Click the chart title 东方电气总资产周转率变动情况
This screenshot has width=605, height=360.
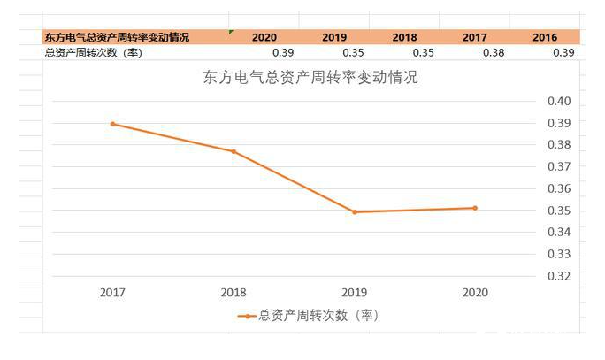click(x=310, y=77)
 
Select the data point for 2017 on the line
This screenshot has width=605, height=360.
click(x=113, y=124)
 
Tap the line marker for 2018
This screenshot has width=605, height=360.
click(x=234, y=151)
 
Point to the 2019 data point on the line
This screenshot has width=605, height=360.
click(x=355, y=212)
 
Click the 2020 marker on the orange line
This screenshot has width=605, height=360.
click(x=475, y=208)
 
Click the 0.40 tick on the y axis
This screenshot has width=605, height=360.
click(x=559, y=101)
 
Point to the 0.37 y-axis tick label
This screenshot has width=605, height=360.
click(x=559, y=166)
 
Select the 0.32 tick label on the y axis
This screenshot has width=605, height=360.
click(x=559, y=276)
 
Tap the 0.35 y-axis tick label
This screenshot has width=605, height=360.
click(x=559, y=211)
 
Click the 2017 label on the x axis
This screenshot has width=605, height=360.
click(x=113, y=292)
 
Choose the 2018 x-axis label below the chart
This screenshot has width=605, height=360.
click(x=234, y=292)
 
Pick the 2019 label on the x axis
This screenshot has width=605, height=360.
click(x=355, y=292)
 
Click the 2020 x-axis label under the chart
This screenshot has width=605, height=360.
click(x=475, y=292)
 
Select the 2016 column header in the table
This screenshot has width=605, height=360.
click(x=545, y=37)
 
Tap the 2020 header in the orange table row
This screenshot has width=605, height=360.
click(x=264, y=37)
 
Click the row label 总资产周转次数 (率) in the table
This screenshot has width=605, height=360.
click(x=92, y=53)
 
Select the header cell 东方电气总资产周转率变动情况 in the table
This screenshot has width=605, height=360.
click(x=117, y=37)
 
